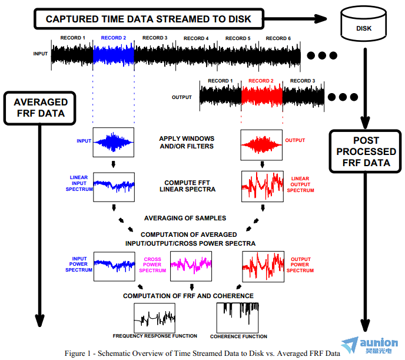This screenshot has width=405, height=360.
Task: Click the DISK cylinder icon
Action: point(363,23)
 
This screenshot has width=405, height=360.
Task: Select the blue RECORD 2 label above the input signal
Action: point(114,38)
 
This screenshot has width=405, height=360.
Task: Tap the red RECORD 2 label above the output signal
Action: point(261,81)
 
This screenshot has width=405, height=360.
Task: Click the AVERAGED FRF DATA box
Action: point(40,108)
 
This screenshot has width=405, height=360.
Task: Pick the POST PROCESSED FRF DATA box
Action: point(366,151)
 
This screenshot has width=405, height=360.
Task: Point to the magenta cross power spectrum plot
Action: point(191,266)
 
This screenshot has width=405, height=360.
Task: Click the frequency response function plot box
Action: point(154,318)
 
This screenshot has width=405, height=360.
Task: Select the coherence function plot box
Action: point(238,318)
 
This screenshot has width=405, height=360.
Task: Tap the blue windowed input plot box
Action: point(114,142)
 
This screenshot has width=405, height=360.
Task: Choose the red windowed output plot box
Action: point(261,145)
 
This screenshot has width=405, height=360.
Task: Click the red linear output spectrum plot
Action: point(263,186)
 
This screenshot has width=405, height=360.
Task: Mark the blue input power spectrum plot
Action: point(114,266)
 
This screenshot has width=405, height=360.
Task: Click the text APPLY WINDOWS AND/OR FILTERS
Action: point(187,143)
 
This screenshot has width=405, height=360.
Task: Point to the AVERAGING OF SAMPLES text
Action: point(185,218)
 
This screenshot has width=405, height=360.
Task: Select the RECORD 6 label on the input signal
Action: point(278,38)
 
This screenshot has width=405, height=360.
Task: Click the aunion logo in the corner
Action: point(370,345)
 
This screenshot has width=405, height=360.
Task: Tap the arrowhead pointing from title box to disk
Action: point(321,19)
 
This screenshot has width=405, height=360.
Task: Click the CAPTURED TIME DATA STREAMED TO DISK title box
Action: point(149,19)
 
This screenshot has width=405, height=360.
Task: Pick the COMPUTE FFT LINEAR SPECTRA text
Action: point(187,186)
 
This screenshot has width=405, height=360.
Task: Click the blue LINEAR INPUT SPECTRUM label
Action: point(79,183)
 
